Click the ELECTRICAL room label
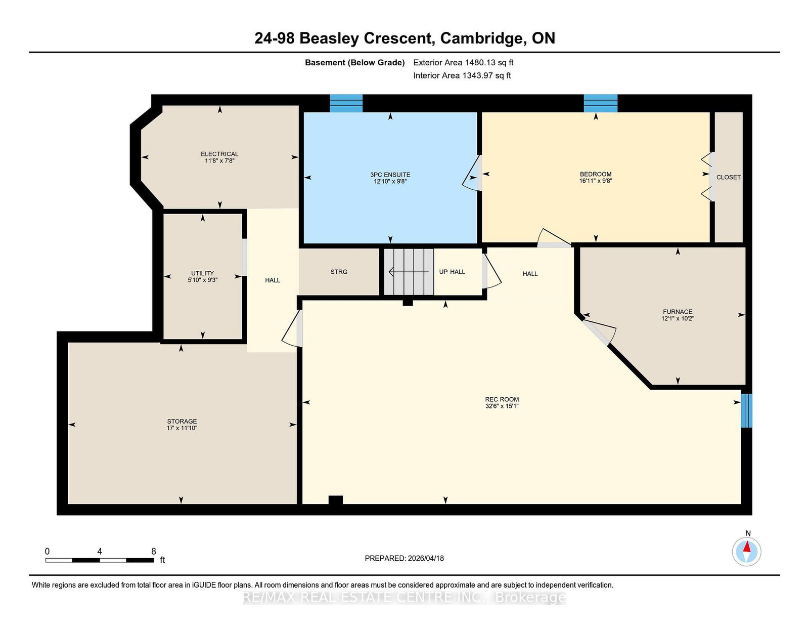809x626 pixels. coord(219,154)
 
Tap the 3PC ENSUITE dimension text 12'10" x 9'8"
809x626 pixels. coord(390,182)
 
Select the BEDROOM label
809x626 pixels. coord(596,174)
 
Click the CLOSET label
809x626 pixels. coord(729,177)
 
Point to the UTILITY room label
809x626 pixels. coord(203,273)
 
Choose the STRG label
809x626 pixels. coord(339,272)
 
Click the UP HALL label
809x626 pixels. coord(452,272)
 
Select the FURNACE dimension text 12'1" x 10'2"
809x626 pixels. coord(678,319)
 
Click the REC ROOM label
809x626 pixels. coord(502,399)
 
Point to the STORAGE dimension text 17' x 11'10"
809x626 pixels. coord(182,428)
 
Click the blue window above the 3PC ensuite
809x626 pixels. coord(346,103)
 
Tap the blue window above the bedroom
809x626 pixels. coord(601,103)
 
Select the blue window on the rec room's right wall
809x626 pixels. coord(746,410)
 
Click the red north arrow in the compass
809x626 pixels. coord(746,547)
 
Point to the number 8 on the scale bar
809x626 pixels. coord(153,551)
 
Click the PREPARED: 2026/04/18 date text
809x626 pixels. coord(404,558)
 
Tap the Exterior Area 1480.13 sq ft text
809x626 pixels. coord(463,63)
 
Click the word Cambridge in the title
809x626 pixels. coord(483,38)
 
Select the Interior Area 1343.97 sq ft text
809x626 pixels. coord(462,75)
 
